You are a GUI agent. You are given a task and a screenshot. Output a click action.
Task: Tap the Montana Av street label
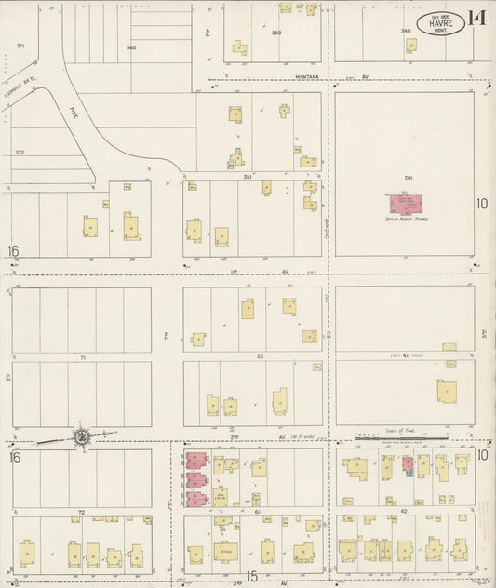(x=308, y=76)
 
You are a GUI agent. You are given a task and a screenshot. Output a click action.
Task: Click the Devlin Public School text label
(x=406, y=219)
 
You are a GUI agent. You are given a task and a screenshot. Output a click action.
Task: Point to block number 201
(x=408, y=177)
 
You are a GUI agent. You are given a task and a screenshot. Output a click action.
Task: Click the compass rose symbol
(x=82, y=435)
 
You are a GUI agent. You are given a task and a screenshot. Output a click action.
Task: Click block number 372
(x=20, y=152)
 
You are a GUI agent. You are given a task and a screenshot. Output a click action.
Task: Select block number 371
(x=20, y=45)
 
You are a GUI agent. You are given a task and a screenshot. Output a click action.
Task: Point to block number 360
(x=131, y=47)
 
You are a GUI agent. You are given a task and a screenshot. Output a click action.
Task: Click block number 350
(x=275, y=33)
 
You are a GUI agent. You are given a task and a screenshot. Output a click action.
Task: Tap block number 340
(x=406, y=31)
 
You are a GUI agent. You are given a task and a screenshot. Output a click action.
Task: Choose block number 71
(x=82, y=356)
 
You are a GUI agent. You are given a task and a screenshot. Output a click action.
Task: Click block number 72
(x=82, y=512)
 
